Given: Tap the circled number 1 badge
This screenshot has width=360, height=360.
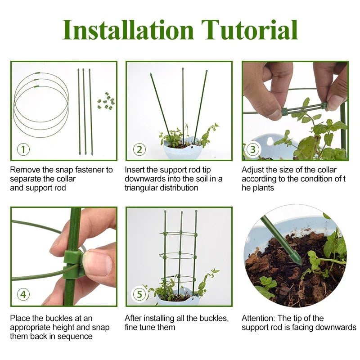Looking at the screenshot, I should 23,149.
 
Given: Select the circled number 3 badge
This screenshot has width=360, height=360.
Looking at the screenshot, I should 253,149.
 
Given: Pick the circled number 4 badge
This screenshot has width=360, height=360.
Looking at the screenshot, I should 23,295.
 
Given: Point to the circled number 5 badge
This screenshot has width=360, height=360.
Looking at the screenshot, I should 139,295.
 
